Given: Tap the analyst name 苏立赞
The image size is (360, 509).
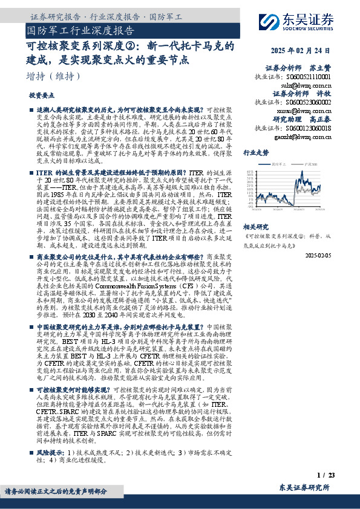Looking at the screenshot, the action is [x=321, y=68].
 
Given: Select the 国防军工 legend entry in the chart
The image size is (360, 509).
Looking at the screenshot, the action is [x=280, y=164].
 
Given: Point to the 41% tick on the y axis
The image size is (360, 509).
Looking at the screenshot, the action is [x=250, y=172].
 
